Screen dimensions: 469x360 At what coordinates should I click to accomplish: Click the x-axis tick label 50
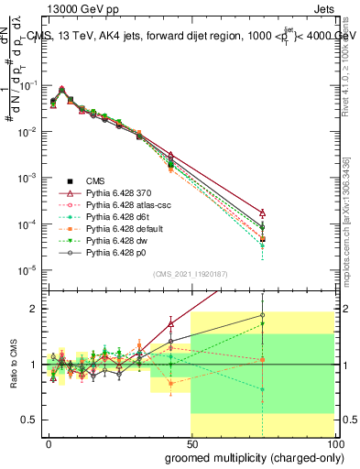191,442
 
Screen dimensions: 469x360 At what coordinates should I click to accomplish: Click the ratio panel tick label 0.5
30,420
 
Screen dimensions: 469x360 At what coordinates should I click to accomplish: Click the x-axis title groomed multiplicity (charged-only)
249,456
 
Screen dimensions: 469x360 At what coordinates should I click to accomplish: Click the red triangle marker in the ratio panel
170,323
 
